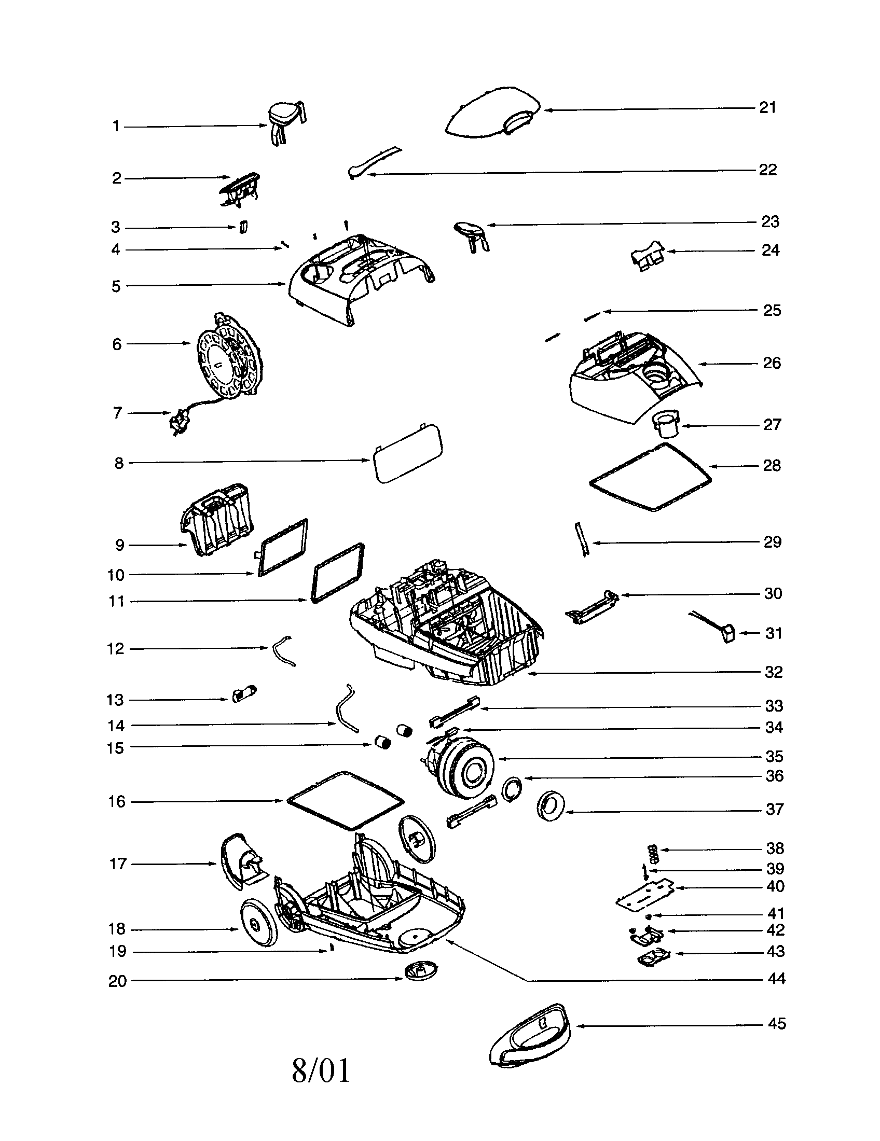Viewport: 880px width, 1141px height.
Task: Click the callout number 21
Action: pyautogui.click(x=767, y=108)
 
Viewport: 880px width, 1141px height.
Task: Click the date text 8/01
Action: pyautogui.click(x=320, y=1071)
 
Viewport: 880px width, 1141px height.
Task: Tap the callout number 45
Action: pyautogui.click(x=777, y=1023)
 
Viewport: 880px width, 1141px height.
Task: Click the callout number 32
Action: pyautogui.click(x=774, y=672)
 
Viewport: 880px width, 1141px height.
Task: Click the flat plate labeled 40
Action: pyautogui.click(x=645, y=896)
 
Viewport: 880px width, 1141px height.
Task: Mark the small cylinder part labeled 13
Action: pyautogui.click(x=243, y=695)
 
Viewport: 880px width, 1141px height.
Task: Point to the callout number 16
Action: pyautogui.click(x=117, y=801)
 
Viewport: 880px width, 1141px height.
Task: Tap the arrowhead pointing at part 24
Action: pyautogui.click(x=671, y=252)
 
